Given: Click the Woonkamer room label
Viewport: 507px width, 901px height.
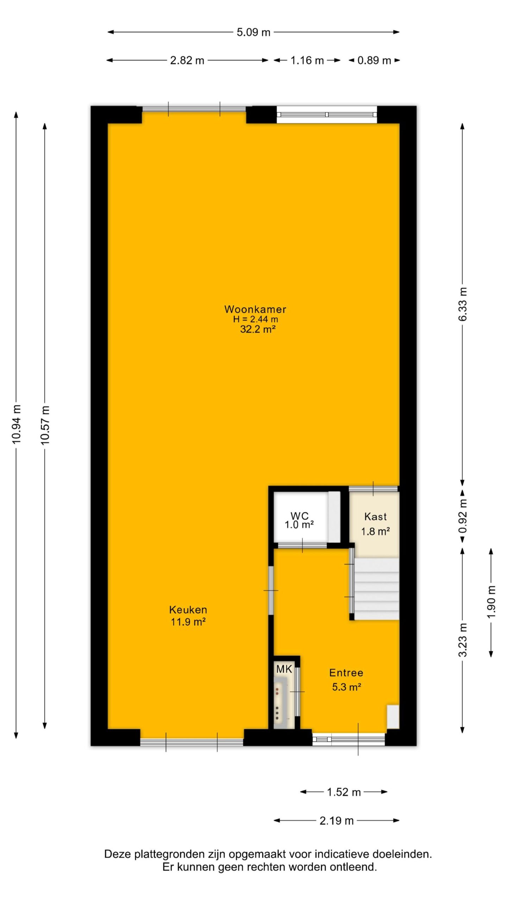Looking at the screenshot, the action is click(x=255, y=309).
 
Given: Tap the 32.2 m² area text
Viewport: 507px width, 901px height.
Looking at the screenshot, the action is click(x=257, y=329).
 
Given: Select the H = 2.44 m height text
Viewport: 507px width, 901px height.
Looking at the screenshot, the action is click(x=256, y=319).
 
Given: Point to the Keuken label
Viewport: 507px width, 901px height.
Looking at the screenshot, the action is click(x=188, y=610).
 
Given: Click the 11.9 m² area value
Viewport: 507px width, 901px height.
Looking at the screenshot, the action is click(x=188, y=622).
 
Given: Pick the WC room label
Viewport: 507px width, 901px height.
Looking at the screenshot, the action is click(x=300, y=516).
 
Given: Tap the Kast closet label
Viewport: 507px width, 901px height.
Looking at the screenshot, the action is click(x=375, y=517).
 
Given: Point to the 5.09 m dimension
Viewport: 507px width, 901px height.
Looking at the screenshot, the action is click(x=254, y=32).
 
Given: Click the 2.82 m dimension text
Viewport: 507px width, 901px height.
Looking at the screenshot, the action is click(x=187, y=61).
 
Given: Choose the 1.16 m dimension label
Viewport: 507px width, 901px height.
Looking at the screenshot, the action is click(x=307, y=61).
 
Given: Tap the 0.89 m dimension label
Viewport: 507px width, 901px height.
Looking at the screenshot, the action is click(x=374, y=61).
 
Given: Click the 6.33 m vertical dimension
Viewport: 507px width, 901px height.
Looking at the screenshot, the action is click(x=463, y=304).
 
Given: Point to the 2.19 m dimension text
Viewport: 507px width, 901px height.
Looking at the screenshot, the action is click(x=337, y=821).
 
